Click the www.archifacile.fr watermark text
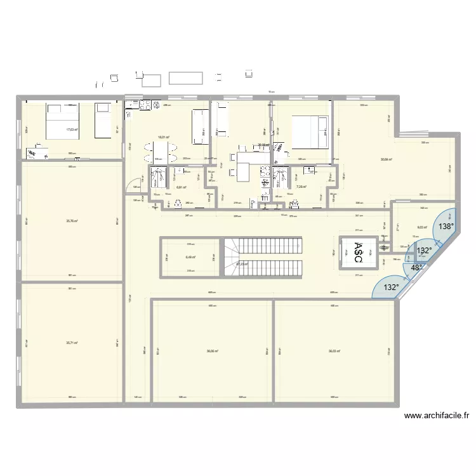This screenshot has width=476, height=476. tap(437, 416)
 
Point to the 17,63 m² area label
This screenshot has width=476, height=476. tap(72, 129)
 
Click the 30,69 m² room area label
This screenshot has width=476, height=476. tap(385, 159)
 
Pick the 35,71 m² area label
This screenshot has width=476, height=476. tap(72, 343)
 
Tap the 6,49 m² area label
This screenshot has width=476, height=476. tap(190, 257)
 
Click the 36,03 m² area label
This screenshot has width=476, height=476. tap(334, 351)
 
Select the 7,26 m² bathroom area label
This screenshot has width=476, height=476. tap(301, 187)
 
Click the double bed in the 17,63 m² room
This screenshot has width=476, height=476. tap(62, 120)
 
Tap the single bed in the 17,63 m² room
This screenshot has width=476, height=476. tap(102, 120)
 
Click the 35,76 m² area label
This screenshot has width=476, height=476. tap(72, 221)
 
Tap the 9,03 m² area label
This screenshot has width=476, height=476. tap(421, 227)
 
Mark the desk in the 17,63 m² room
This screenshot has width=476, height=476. tap(38, 153)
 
